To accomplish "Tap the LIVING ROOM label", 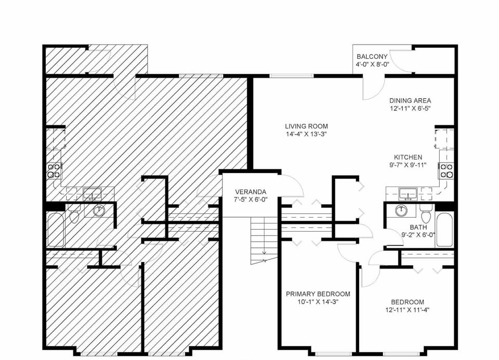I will pos(306,126).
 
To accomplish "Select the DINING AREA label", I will pos(410,101).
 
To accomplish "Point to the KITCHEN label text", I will pos(408,157).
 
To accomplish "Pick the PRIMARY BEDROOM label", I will pos(318,294).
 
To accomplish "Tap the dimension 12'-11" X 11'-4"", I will pos(408,310).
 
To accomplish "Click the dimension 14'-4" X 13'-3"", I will pos(306,134).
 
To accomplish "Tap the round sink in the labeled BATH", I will pos(401,211).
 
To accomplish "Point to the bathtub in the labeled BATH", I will pos(445,229).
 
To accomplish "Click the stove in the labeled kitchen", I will pos(445,170).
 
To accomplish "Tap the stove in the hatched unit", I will pos(54,170).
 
